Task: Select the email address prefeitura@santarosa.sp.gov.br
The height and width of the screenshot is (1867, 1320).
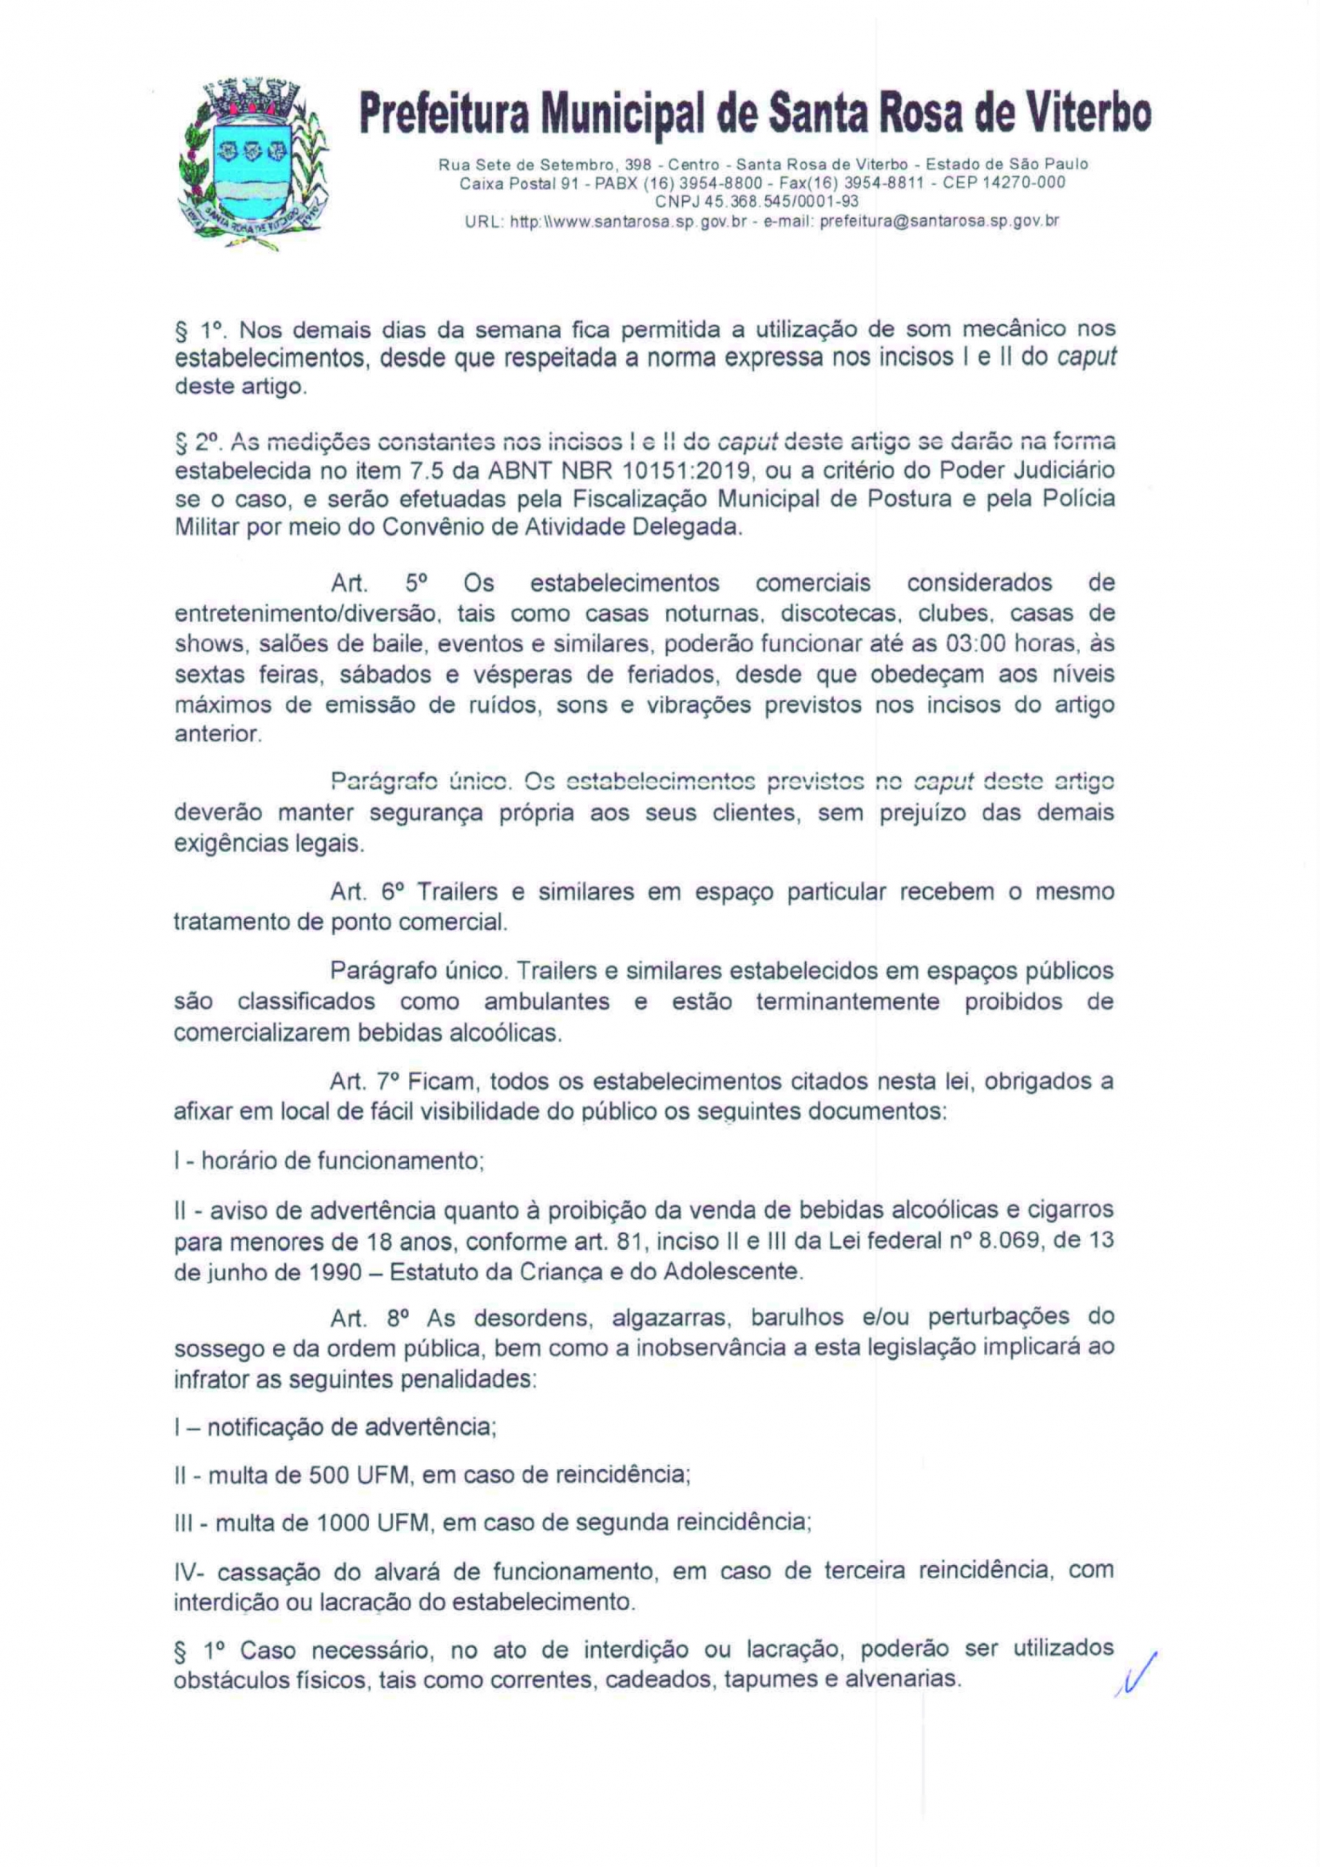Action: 939,221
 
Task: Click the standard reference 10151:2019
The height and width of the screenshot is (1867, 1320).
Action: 691,470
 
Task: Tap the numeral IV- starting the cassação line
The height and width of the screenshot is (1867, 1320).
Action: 189,1571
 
